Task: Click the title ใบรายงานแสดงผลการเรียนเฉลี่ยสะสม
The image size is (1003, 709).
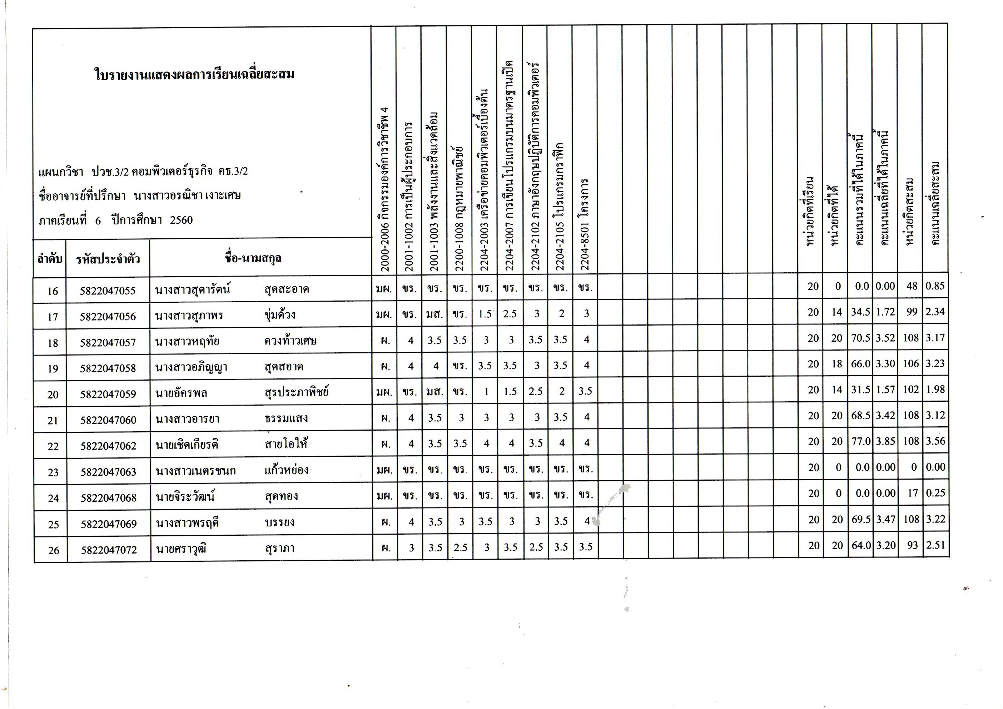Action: click(194, 75)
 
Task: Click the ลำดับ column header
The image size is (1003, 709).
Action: click(49, 259)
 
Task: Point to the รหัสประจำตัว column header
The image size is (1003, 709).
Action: click(108, 259)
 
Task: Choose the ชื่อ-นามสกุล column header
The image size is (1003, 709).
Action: click(253, 258)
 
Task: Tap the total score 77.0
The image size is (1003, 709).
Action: click(860, 442)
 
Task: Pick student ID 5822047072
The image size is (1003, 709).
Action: click(109, 550)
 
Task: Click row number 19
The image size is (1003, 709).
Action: click(53, 369)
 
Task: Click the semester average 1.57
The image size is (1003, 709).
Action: click(885, 390)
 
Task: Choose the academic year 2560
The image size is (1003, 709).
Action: click(181, 220)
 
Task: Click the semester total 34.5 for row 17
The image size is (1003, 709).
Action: click(860, 312)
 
